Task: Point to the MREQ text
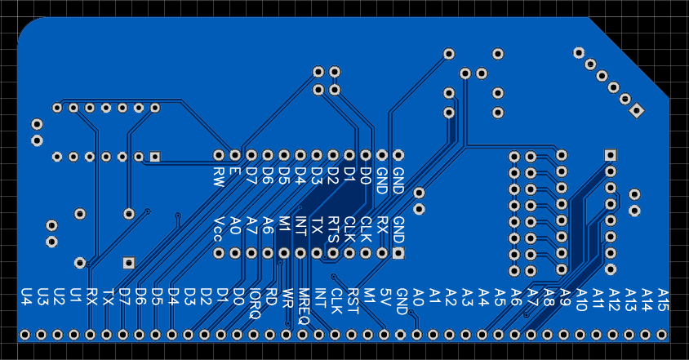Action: click(303, 306)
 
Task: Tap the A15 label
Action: click(663, 298)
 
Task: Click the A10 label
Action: click(581, 298)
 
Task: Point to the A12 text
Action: click(614, 298)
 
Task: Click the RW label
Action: click(219, 175)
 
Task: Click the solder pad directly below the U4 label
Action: click(25, 335)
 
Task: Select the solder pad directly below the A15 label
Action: click(662, 335)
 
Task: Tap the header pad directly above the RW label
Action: click(219, 155)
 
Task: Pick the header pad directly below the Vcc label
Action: click(219, 254)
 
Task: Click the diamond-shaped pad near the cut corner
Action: click(638, 110)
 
